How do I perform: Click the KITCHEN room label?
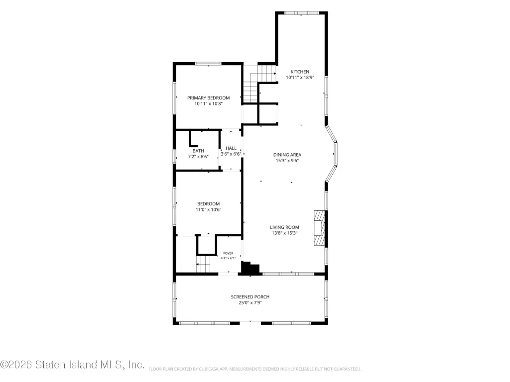(300, 72)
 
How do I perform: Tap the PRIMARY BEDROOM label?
(209, 98)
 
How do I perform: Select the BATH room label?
(198, 151)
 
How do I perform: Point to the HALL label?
(231, 148)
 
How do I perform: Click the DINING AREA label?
(287, 155)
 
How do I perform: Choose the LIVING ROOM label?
(284, 227)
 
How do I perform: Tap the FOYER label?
(228, 253)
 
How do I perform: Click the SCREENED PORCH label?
(250, 297)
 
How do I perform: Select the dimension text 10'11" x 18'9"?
(300, 78)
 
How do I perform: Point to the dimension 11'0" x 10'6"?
(209, 210)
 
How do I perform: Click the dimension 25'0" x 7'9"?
(250, 303)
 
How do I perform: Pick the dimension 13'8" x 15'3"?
(284, 233)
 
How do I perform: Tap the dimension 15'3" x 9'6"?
(287, 161)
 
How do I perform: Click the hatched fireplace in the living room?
(319, 228)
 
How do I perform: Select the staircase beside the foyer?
(203, 264)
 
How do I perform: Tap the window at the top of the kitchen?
(301, 13)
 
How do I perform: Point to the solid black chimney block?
(251, 269)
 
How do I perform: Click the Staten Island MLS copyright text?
(72, 365)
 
